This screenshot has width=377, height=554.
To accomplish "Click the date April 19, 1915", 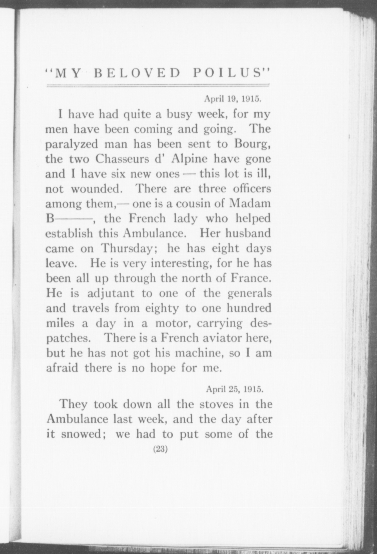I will [x=233, y=99].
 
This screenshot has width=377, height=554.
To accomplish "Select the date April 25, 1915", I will [x=235, y=389].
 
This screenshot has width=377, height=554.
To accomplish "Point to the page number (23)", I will [x=160, y=457].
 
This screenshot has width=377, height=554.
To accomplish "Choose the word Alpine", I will [x=190, y=159].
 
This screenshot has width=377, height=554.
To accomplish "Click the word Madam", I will [x=250, y=203].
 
